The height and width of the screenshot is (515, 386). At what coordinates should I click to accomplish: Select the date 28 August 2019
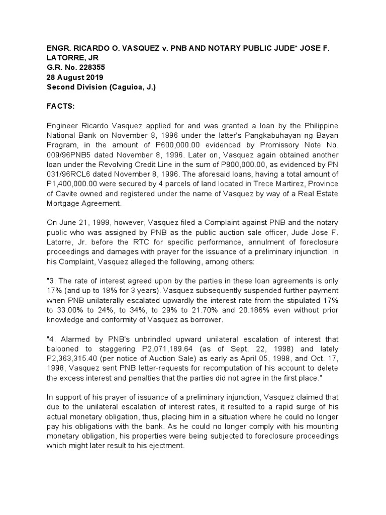click(75, 77)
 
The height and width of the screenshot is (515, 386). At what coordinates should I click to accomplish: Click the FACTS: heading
click(62, 106)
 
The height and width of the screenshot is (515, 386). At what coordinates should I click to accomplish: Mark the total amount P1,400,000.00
click(77, 183)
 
